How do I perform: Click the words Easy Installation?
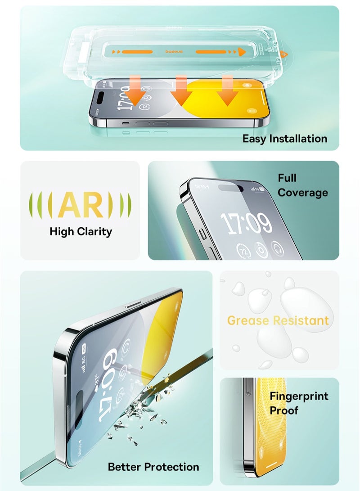[x=284, y=139]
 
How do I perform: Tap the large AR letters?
[x=81, y=205]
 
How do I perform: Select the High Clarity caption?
[x=81, y=232]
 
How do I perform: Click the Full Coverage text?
[x=302, y=185]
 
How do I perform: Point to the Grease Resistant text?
[x=278, y=320]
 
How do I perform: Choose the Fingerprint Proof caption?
[x=299, y=403]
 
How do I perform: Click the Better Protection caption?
[x=153, y=467]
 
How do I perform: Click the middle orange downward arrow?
[x=181, y=92]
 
